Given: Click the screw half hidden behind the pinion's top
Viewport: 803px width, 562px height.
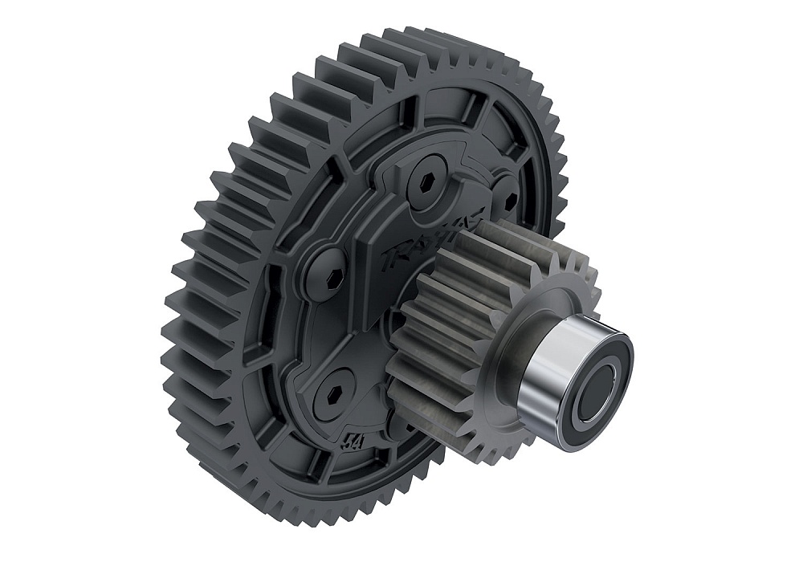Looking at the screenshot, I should pyautogui.click(x=504, y=195).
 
